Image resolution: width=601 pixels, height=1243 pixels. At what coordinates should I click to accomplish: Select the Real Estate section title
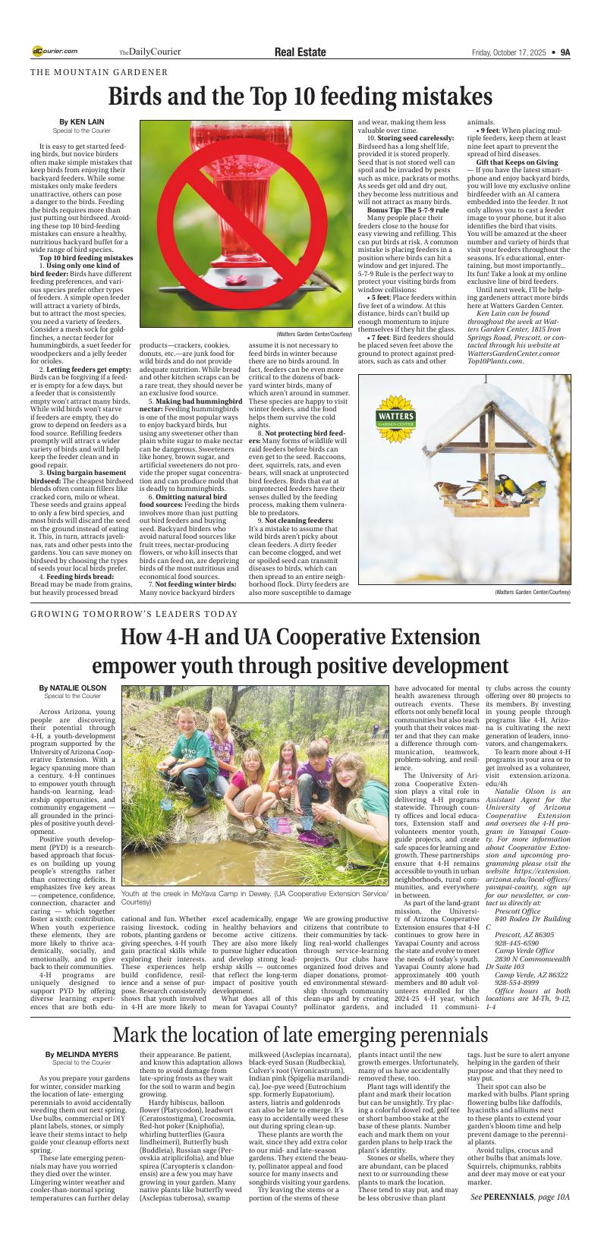300,52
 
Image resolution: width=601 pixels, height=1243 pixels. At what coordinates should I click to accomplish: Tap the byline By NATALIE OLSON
73,688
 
